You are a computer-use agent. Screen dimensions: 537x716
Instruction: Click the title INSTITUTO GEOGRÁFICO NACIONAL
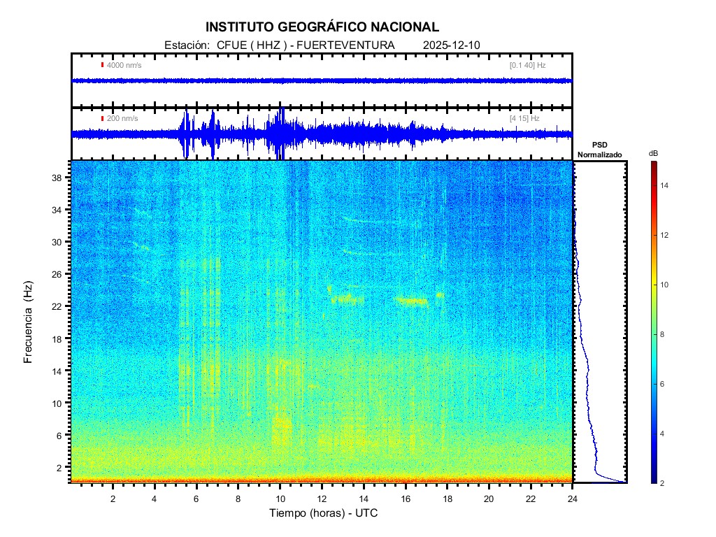[x=322, y=27]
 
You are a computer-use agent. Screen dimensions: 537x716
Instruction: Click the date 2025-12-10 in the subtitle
[x=452, y=45]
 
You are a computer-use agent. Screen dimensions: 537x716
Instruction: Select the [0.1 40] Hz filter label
[x=527, y=65]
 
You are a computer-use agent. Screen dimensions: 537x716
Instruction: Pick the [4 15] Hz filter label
[x=524, y=119]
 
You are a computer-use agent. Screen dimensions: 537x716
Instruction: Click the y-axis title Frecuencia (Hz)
[x=29, y=322]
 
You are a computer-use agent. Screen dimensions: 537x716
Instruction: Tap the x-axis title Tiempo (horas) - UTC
[x=324, y=513]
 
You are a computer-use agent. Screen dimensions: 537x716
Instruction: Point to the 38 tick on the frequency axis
[x=57, y=178]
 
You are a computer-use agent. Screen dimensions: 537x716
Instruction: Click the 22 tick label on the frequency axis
[x=57, y=306]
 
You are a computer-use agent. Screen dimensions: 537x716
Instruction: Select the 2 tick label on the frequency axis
[x=60, y=467]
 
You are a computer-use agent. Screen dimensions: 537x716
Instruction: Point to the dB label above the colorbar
[x=653, y=153]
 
